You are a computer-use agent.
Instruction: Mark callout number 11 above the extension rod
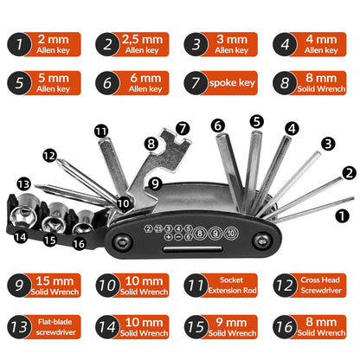pos(102,131)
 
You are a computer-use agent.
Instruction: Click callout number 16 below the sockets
pos(78,244)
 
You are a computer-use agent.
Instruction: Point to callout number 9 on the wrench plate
pos(154,183)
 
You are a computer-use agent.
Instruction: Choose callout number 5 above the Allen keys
pos(255,121)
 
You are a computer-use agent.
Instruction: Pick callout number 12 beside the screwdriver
pos(50,156)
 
